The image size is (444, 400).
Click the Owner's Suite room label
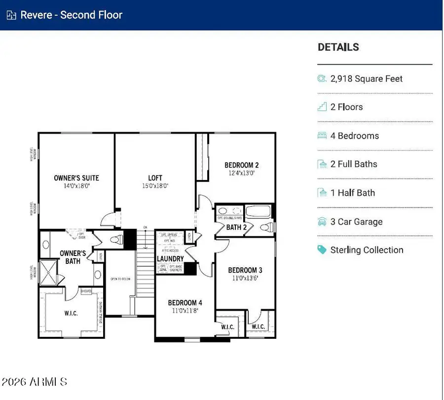click(x=76, y=178)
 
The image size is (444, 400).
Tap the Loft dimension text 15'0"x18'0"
click(x=155, y=186)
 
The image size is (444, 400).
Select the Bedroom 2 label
click(x=241, y=165)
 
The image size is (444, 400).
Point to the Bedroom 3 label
click(x=245, y=270)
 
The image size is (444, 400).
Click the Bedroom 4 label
click(x=185, y=303)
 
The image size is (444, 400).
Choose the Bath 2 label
click(x=237, y=227)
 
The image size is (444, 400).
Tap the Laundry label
click(x=170, y=258)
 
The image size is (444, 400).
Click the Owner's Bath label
click(x=73, y=257)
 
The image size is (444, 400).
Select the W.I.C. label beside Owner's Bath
click(x=71, y=313)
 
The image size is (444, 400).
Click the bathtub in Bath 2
click(x=258, y=213)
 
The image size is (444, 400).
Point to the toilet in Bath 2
click(x=266, y=227)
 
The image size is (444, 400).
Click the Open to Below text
click(x=120, y=279)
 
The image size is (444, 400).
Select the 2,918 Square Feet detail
click(x=367, y=78)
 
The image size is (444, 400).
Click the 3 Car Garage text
click(x=356, y=221)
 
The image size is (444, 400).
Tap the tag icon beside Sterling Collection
click(x=322, y=250)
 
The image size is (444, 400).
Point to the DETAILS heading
click(x=338, y=47)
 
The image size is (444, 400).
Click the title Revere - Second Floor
click(x=71, y=15)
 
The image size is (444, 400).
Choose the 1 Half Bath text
click(x=352, y=193)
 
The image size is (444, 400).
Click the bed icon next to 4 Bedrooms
click(x=322, y=136)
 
